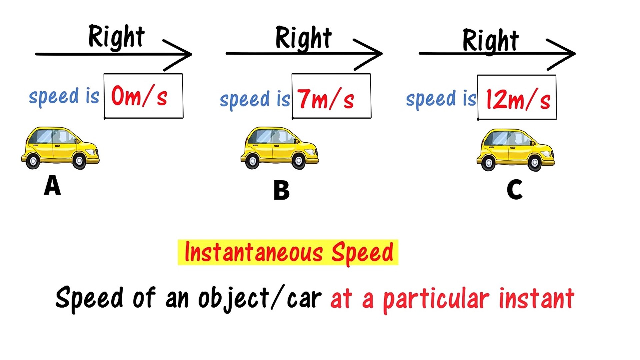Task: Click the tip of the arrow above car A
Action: (x=192, y=54)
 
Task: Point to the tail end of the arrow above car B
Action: (x=226, y=53)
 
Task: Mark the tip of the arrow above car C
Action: (x=575, y=53)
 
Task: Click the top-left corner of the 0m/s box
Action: (x=104, y=74)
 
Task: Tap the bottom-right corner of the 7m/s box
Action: (x=371, y=118)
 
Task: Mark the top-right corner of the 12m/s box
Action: (x=556, y=75)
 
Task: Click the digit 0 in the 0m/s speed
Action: (x=117, y=96)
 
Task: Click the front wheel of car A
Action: (x=79, y=161)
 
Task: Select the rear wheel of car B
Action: (x=252, y=162)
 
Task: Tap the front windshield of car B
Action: (x=287, y=136)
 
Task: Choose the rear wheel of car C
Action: (x=488, y=163)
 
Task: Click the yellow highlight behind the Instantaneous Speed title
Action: (x=288, y=252)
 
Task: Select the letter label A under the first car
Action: (x=52, y=186)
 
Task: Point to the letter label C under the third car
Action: (x=514, y=189)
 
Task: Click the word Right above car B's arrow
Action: (x=303, y=38)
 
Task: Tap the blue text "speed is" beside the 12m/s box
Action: (x=441, y=99)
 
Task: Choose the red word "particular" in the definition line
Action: (x=436, y=299)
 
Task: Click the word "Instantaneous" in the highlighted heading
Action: (x=254, y=252)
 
